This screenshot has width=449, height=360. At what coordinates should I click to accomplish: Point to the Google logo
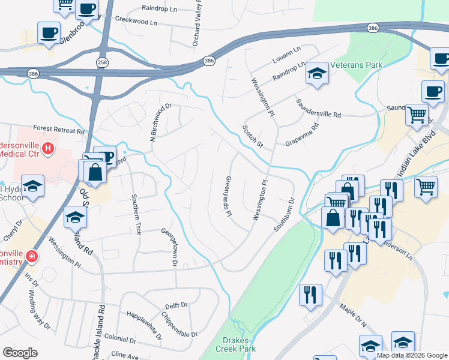pos(20,353)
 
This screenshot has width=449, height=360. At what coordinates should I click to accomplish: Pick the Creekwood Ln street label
pos(136,22)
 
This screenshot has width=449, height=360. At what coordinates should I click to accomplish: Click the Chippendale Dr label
pos(178,325)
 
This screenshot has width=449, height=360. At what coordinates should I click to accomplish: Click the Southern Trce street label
pos(136,214)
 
